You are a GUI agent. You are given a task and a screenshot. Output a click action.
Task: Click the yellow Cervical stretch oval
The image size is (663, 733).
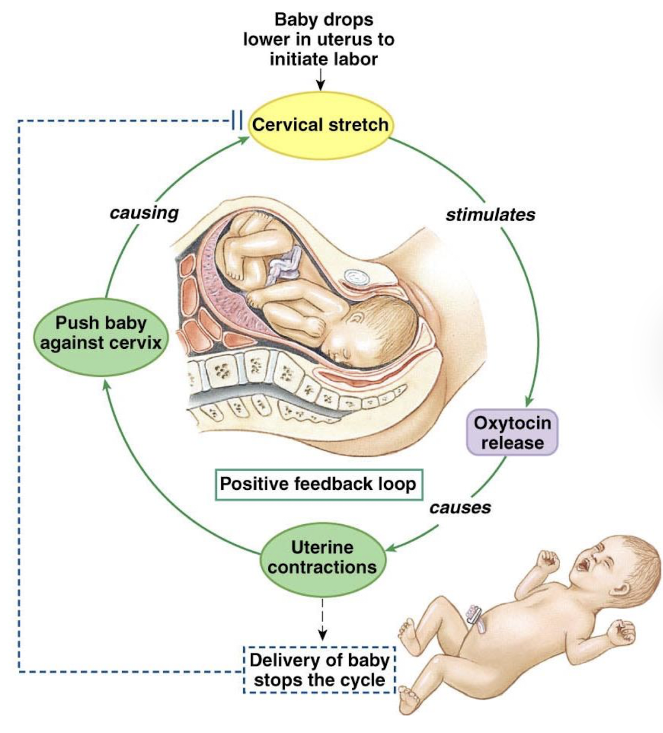point(320,125)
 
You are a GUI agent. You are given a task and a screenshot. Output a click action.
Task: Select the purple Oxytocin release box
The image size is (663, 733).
point(512,433)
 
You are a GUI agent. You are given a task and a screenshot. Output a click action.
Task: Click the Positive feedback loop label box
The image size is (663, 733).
point(319,484)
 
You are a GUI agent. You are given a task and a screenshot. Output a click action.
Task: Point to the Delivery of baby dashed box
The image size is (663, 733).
point(319,670)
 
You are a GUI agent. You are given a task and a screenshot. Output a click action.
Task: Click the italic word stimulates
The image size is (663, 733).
point(491,215)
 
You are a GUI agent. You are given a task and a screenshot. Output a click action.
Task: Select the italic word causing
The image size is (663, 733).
point(144,213)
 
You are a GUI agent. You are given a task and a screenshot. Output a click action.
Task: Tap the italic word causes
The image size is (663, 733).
point(460,508)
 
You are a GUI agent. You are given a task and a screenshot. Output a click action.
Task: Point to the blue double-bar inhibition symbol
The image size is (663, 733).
point(237,120)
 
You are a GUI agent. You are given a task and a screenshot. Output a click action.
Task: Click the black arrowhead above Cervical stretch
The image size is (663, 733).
point(320,86)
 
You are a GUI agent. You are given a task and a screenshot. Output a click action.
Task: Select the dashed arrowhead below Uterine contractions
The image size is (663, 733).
point(322,636)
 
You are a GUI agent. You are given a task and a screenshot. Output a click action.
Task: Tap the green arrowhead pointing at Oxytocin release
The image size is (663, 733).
point(529,401)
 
